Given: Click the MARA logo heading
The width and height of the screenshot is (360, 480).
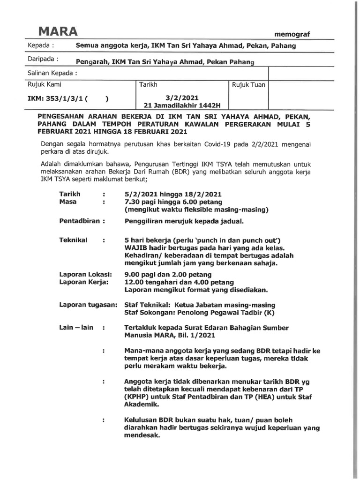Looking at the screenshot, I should pyautogui.click(x=58, y=31).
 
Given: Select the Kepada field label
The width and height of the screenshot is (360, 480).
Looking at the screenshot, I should pyautogui.click(x=42, y=46).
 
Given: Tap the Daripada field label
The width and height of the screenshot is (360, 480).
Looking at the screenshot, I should pyautogui.click(x=44, y=60).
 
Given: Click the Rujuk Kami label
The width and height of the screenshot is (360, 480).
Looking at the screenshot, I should pyautogui.click(x=45, y=85).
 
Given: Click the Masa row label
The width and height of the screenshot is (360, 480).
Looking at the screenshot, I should pyautogui.click(x=68, y=202).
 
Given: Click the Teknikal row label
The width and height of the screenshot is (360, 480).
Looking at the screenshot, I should pyautogui.click(x=74, y=240).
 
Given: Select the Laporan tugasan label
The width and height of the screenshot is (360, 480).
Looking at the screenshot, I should pyautogui.click(x=88, y=305).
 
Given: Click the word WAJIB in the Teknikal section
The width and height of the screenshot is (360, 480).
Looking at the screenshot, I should pyautogui.click(x=135, y=247).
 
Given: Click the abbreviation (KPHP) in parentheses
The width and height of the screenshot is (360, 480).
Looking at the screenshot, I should pyautogui.click(x=139, y=397).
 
